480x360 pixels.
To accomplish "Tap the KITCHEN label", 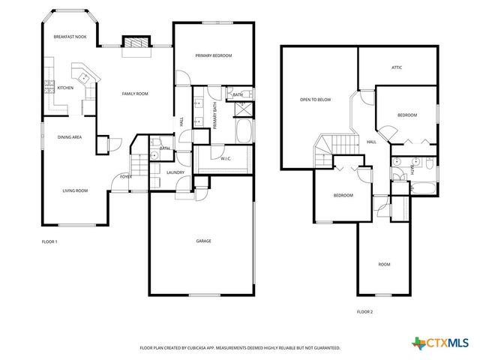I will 65,88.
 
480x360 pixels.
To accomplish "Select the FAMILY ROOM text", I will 136,94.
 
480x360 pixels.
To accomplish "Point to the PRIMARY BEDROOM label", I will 214,55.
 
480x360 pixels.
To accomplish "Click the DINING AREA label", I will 70,137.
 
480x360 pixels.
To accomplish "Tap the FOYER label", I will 126,176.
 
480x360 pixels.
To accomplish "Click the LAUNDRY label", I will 175,172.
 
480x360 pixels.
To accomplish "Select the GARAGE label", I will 203,241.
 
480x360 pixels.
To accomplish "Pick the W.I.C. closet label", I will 226,158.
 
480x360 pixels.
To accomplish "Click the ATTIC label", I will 397,67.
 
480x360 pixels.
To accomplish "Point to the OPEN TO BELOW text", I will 315,99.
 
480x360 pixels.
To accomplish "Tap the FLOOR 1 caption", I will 49,241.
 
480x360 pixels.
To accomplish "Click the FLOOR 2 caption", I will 364,311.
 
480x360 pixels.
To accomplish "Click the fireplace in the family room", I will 136,44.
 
